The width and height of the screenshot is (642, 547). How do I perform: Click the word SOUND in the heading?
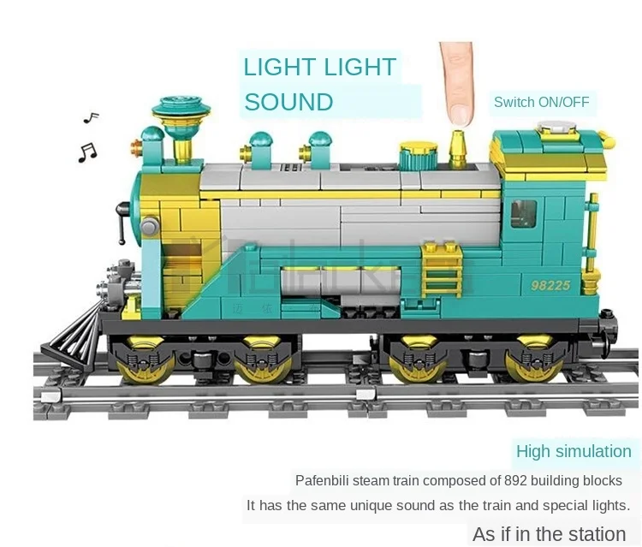click(288, 102)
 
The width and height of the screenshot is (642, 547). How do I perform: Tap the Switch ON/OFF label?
click(541, 102)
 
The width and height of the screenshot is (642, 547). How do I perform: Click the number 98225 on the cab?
click(550, 285)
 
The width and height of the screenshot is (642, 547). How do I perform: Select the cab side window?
click(523, 214)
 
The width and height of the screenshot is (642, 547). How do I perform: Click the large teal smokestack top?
click(181, 109)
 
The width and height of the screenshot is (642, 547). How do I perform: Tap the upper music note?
click(91, 117)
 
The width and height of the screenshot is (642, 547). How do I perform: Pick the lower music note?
click(87, 152)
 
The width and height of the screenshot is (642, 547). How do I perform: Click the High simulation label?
click(574, 451)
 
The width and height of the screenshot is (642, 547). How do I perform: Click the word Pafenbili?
click(324, 480)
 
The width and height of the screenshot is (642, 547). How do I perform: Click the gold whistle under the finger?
click(458, 150)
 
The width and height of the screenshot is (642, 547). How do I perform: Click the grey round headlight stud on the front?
click(150, 227)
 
